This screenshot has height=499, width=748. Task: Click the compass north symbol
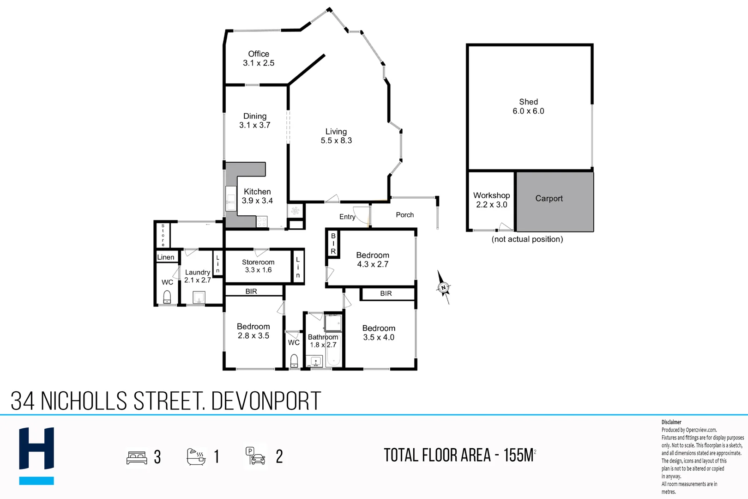point(443,287)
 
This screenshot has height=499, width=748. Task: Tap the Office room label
point(259,54)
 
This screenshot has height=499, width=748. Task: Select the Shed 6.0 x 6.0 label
point(528,107)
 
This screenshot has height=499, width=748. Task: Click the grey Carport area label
point(549,198)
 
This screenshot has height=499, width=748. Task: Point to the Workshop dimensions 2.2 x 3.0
point(491,205)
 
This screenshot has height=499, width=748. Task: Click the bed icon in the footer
point(137,457)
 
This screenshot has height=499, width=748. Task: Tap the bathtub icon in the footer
point(196,456)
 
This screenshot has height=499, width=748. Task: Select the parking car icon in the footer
point(255,456)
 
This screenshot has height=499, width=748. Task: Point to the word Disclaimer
point(671,422)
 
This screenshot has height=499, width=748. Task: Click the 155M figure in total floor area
point(519,456)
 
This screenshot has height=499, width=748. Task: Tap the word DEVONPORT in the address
point(266,401)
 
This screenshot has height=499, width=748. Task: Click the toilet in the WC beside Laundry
point(167,297)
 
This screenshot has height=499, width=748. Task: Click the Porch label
point(404,215)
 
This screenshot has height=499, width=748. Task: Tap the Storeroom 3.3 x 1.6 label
point(258,266)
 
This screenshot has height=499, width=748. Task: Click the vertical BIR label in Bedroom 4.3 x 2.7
point(333,243)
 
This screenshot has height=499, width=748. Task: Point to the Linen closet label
point(166,257)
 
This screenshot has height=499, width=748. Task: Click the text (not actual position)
point(527,239)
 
